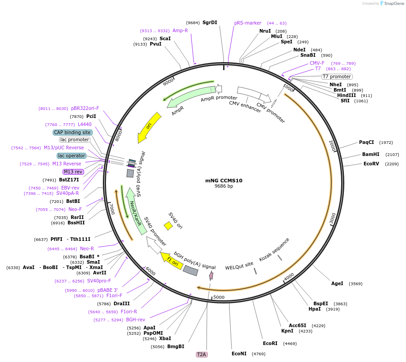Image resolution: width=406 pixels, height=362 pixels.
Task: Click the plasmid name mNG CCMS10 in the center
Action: click(x=224, y=181)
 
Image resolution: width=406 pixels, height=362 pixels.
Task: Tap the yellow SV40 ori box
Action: click(x=168, y=226)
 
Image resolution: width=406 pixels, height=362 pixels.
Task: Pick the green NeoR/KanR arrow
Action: click(x=135, y=211)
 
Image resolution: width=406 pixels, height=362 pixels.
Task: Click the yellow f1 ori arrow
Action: click(x=172, y=260)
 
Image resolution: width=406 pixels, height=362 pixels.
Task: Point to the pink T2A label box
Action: click(x=202, y=354)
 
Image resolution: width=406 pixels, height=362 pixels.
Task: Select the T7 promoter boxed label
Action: click(x=337, y=76)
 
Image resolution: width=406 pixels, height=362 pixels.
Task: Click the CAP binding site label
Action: click(x=72, y=132)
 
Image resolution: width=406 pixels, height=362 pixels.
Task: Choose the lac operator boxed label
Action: click(x=72, y=156)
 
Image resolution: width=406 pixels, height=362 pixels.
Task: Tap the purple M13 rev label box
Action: click(x=73, y=172)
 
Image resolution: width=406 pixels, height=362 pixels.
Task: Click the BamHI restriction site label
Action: click(x=371, y=154)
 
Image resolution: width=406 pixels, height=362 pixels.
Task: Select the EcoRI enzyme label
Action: click(x=270, y=343)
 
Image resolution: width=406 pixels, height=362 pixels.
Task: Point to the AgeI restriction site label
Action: click(x=337, y=284)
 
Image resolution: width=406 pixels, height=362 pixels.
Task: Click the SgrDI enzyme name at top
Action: click(x=210, y=22)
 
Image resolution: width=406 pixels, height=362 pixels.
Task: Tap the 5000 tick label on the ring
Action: click(x=219, y=297)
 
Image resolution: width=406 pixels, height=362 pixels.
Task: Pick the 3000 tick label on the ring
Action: click(x=333, y=219)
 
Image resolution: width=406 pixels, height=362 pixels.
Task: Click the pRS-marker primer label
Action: click(x=248, y=23)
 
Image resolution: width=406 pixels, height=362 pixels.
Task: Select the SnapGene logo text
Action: click(x=393, y=4)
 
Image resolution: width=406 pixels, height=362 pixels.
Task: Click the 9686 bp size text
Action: click(x=224, y=186)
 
